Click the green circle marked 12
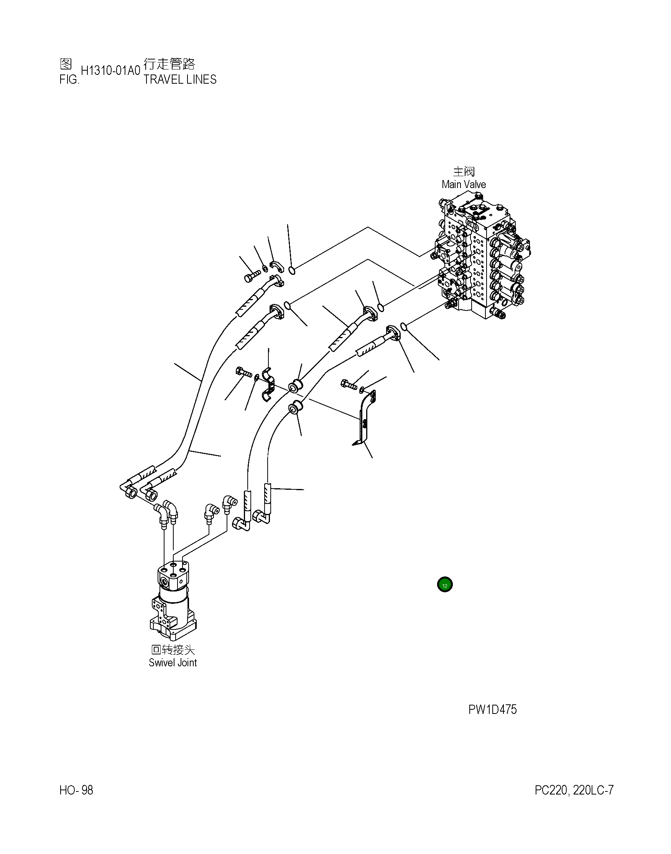pos(445,585)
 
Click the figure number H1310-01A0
pos(110,71)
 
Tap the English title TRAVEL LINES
pos(180,79)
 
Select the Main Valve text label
pos(464,184)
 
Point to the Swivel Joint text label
pos(173,662)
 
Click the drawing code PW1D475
pos(492,710)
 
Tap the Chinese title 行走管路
pos(169,63)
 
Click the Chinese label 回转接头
pos(173,649)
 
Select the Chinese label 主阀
pos(464,172)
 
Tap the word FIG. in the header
pos(69,80)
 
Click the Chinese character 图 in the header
pos(66,63)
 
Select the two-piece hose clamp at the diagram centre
pos(268,385)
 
